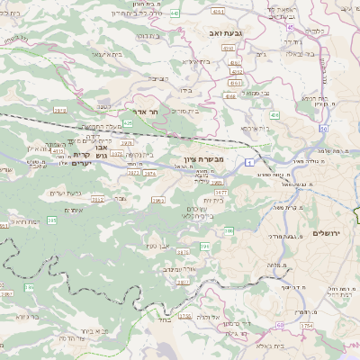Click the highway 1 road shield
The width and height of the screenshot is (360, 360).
point(246,161)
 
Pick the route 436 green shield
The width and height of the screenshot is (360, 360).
point(274,115)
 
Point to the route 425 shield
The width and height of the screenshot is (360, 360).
point(128,122)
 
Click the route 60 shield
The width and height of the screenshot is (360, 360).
point(280,324)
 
